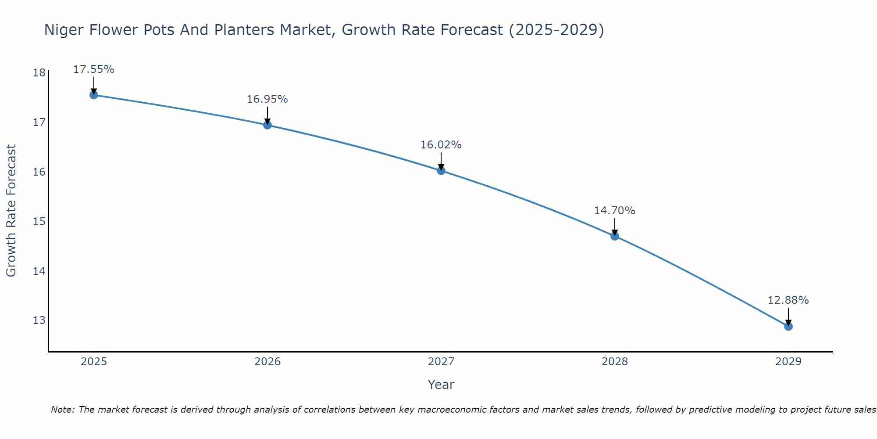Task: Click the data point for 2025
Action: tap(93, 95)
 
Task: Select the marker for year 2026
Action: tap(267, 125)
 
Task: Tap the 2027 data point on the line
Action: tap(441, 171)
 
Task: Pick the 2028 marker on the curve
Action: tap(615, 236)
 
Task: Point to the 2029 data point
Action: tap(788, 327)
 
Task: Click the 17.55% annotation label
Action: tap(93, 69)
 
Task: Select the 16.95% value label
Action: tap(267, 99)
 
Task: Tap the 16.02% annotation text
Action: tap(441, 145)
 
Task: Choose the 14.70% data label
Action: tap(614, 211)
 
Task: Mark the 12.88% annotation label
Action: tap(788, 300)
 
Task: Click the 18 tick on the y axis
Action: tap(39, 73)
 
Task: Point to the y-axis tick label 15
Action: tap(39, 221)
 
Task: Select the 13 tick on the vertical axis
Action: tap(39, 320)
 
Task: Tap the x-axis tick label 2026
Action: tap(267, 362)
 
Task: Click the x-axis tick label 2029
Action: tap(788, 362)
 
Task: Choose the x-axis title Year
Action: tap(441, 385)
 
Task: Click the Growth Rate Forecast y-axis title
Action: tap(11, 211)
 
